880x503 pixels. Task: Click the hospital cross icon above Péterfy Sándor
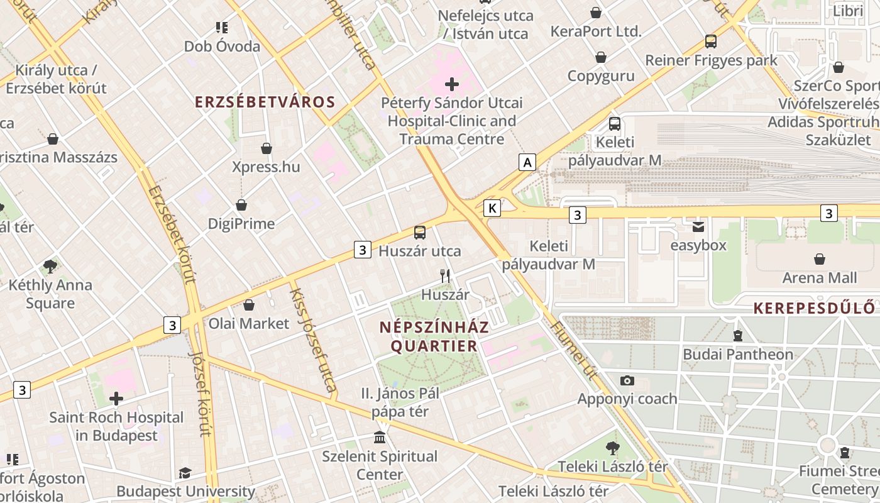pos(451,84)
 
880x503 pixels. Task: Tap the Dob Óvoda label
pos(222,47)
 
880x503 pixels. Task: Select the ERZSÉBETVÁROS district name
pos(265,102)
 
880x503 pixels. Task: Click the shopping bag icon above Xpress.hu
pos(267,148)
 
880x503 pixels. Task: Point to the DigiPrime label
pos(241,224)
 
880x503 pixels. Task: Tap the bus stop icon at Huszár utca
pos(420,233)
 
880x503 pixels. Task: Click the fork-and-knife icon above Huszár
pos(445,275)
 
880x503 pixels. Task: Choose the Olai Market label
pos(249,323)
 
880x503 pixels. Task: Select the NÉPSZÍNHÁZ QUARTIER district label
pos(434,337)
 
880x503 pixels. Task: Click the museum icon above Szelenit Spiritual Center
pos(380,437)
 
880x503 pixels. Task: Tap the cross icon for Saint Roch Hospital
pos(116,398)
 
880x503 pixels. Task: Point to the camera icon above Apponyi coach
pos(627,380)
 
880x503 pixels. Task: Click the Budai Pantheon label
pos(738,355)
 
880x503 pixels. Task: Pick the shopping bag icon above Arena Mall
pos(820,259)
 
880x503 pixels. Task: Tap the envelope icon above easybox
pos(698,227)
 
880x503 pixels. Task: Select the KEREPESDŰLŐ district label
pos(813,308)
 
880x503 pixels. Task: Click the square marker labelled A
pos(527,162)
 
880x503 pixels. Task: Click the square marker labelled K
pos(492,208)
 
